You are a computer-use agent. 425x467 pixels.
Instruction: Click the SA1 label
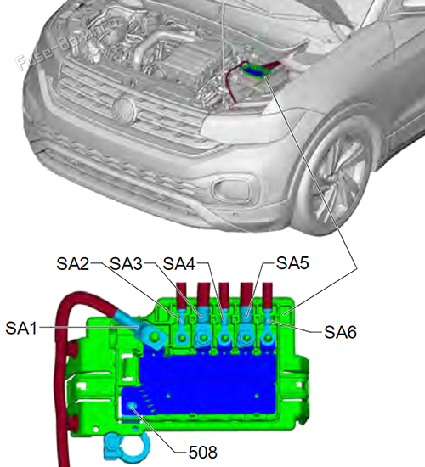coord(21,328)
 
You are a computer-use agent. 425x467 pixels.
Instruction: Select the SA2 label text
coord(73,263)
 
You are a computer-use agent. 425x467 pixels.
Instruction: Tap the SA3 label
coord(126,263)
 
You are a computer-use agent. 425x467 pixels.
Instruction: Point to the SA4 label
coord(179,263)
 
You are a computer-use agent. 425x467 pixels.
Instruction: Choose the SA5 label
coord(292,262)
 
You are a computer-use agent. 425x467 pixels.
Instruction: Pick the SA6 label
coord(340,332)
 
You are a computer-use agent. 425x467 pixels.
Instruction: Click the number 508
coord(203,452)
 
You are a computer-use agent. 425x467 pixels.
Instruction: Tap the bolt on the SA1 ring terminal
coord(154,337)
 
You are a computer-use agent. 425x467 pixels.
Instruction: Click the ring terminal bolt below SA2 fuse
coord(182,338)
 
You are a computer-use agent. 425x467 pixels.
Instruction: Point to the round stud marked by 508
coord(132,406)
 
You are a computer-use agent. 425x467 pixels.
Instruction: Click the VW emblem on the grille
coord(124,110)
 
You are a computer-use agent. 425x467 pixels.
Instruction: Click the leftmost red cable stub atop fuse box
coord(181,295)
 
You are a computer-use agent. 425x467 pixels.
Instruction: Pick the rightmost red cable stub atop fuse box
coord(267,295)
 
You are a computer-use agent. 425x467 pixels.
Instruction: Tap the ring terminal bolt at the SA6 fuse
coord(268,338)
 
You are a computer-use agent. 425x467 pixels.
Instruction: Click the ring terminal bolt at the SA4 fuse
coord(224,338)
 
